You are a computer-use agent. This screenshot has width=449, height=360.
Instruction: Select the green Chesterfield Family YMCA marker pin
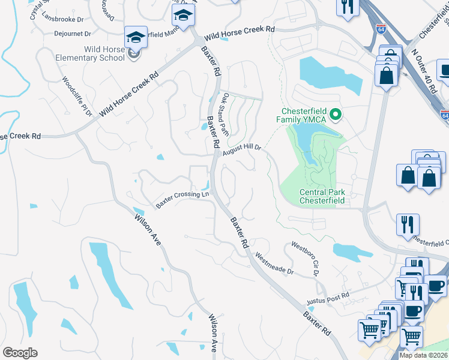[x=336, y=113]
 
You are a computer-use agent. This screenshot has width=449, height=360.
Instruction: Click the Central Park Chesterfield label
[x=322, y=196]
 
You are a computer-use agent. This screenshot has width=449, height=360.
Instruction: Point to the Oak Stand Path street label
[x=225, y=113]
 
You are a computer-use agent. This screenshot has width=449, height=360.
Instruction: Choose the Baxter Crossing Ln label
[x=182, y=199]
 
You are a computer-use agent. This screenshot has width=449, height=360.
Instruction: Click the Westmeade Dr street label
[x=274, y=263]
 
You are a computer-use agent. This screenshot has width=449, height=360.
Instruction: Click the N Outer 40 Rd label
[x=424, y=71]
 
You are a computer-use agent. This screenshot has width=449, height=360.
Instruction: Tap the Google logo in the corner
[x=20, y=353]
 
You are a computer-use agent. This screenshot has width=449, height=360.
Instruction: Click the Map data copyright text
[x=423, y=355]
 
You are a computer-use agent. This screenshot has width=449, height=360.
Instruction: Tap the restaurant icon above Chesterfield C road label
[x=408, y=224]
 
